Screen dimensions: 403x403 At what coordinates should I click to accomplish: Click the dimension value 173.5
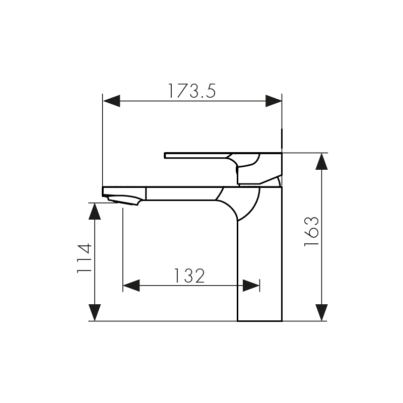191,91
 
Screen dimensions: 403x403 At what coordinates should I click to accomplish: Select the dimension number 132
189,276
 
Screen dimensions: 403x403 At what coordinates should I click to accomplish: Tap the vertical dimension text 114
84,258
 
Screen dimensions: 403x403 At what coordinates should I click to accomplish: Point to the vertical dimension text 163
311,232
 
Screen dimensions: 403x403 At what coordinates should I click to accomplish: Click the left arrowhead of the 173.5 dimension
111,101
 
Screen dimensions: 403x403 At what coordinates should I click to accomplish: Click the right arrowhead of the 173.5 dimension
274,101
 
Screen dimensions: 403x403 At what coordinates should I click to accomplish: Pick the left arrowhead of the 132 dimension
131,286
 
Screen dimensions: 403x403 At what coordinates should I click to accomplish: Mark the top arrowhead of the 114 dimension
95,211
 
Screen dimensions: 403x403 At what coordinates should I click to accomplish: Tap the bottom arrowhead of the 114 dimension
95,312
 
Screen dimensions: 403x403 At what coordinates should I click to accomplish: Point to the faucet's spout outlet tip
123,201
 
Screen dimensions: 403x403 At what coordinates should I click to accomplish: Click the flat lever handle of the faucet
196,154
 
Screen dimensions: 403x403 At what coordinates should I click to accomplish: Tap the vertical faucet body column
259,262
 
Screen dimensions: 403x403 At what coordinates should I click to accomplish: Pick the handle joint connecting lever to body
249,171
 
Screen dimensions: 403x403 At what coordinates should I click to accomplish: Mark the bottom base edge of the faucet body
259,320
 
